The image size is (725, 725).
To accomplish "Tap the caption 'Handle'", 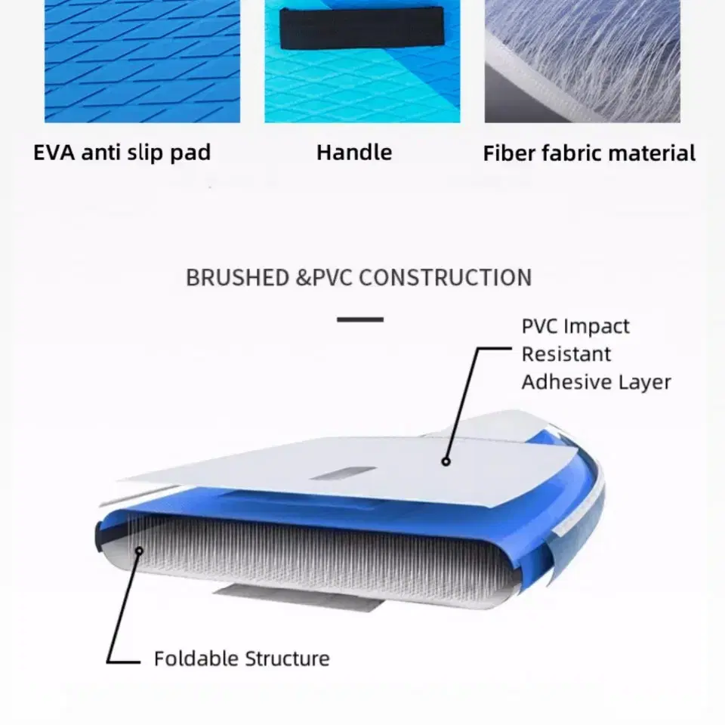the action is pyautogui.click(x=354, y=152).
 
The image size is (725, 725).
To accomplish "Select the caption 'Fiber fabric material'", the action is pyautogui.click(x=589, y=153).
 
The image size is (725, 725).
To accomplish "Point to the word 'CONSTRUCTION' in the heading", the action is pyautogui.click(x=446, y=277).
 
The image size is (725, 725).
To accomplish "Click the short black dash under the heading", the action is pyautogui.click(x=360, y=319).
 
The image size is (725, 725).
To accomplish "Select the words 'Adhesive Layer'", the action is pyautogui.click(x=597, y=382).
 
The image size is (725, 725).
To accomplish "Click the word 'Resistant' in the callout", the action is pyautogui.click(x=566, y=354).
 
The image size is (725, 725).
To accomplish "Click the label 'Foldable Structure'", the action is pyautogui.click(x=242, y=659).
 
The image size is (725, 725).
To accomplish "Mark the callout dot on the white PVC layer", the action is pyautogui.click(x=446, y=461).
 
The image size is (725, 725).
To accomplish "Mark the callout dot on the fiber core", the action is pyautogui.click(x=139, y=551).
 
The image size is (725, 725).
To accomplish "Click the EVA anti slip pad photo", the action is pyautogui.click(x=143, y=61).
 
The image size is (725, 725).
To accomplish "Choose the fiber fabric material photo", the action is pyautogui.click(x=582, y=61).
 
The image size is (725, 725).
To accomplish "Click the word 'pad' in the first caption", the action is pyautogui.click(x=190, y=153).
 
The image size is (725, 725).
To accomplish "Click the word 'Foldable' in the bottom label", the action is pyautogui.click(x=195, y=659).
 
